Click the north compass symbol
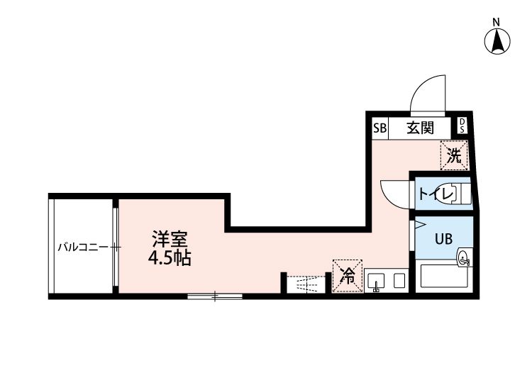[498, 42]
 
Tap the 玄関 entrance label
[420, 128]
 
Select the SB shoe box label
[379, 128]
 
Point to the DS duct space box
[462, 126]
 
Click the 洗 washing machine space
[454, 155]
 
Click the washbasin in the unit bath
[464, 258]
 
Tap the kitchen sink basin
[376, 280]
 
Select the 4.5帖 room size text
[170, 257]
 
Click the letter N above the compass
[498, 21]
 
